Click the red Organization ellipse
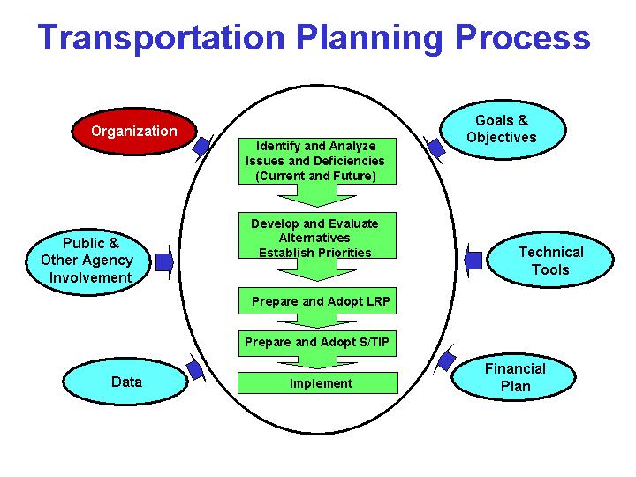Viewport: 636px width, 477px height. (133, 132)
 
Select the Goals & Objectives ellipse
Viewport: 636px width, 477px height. (501, 129)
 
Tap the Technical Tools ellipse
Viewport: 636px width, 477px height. (550, 261)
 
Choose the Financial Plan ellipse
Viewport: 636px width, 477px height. (515, 377)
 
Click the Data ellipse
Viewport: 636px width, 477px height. (126, 382)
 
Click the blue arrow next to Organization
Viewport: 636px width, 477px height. (202, 146)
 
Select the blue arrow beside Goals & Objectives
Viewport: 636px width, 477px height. (435, 147)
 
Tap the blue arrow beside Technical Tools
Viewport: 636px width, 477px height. (473, 260)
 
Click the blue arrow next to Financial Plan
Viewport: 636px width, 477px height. (446, 360)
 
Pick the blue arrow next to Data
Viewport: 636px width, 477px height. (195, 369)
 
